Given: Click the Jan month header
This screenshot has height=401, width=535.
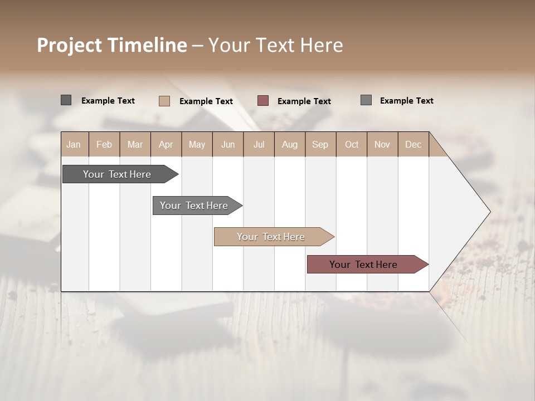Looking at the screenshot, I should [74, 144].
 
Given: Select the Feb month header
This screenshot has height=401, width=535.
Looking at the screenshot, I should [104, 144].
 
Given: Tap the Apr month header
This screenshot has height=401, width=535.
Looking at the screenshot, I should [166, 144].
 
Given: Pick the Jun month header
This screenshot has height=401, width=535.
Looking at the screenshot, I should [228, 144].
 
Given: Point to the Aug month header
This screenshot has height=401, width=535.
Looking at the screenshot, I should [289, 144].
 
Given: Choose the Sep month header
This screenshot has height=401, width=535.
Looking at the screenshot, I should [320, 144].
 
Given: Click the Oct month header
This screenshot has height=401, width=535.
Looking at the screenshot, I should [352, 144].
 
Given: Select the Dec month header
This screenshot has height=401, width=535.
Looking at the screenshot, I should [413, 144].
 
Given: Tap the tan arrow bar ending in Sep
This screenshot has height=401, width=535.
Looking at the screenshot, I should [271, 237].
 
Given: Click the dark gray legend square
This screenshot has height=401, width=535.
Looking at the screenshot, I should [66, 100].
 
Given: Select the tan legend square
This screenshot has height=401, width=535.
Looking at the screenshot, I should [164, 101].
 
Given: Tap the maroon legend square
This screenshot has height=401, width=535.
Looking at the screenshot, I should [263, 101].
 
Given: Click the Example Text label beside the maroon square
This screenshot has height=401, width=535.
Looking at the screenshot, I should [304, 101].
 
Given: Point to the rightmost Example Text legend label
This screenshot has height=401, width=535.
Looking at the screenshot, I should [406, 101].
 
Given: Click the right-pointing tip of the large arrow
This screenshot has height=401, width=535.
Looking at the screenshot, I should [489, 212].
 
